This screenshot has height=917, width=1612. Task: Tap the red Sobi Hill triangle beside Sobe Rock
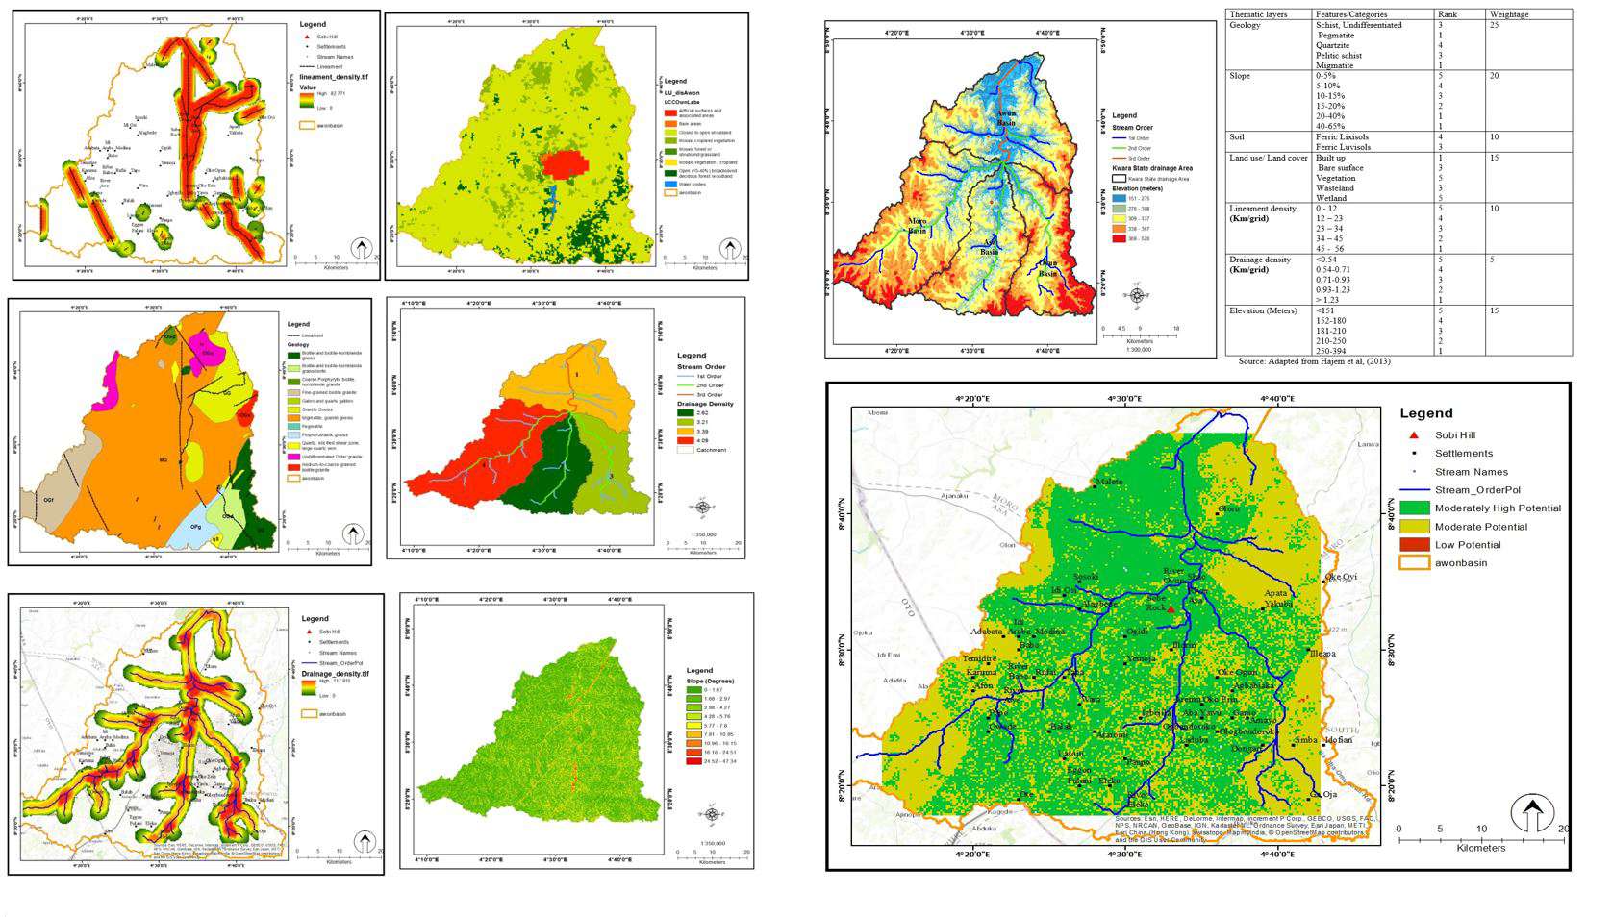click(1171, 608)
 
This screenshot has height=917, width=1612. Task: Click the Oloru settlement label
click(1229, 508)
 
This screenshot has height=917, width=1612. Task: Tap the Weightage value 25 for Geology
click(1494, 26)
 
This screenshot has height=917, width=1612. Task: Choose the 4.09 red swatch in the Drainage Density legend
click(686, 440)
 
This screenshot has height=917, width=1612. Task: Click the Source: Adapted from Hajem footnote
click(1308, 361)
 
